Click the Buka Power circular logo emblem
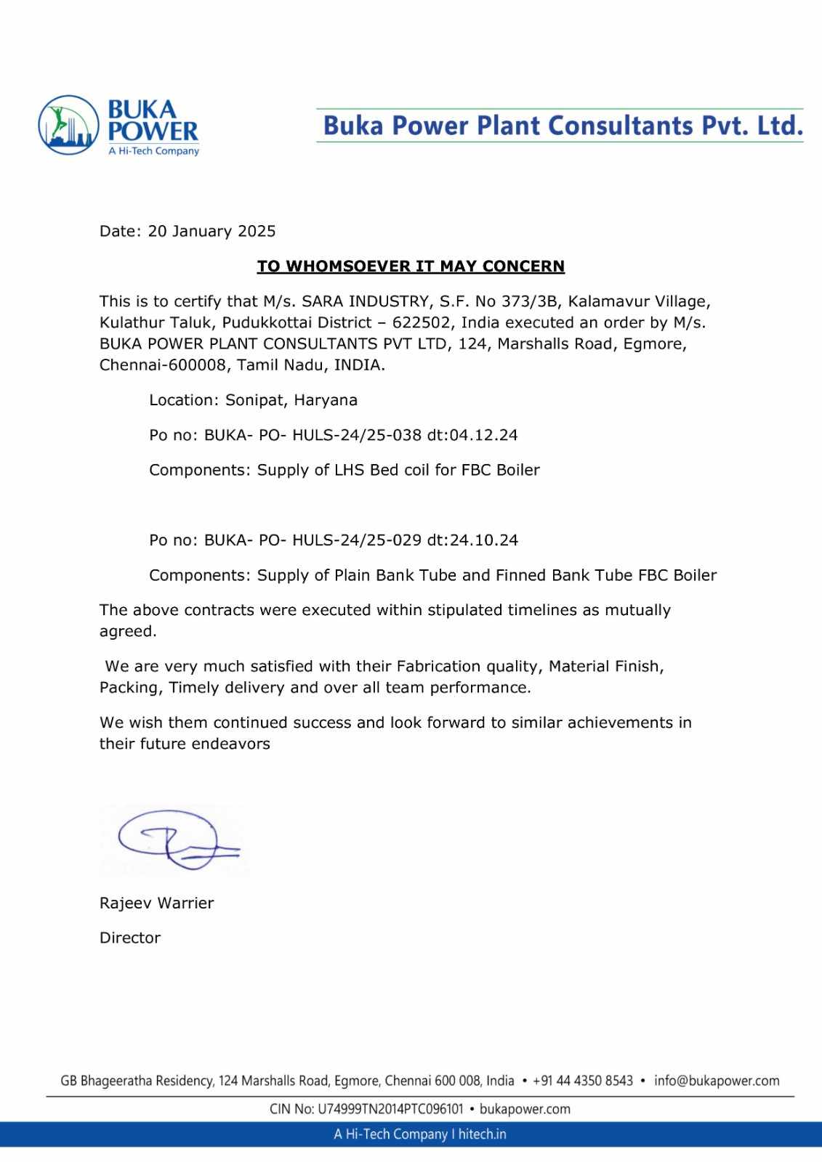pyautogui.click(x=68, y=125)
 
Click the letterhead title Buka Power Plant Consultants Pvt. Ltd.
pyautogui.click(x=563, y=126)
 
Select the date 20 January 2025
pyautogui.click(x=211, y=231)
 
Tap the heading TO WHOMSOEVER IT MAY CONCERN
pyautogui.click(x=411, y=267)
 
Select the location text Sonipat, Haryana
pyautogui.click(x=291, y=400)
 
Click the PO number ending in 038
pyautogui.click(x=313, y=435)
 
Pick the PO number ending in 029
pyautogui.click(x=313, y=540)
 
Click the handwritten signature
pyautogui.click(x=174, y=840)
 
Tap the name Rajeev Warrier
pyautogui.click(x=156, y=903)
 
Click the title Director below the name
pyautogui.click(x=129, y=938)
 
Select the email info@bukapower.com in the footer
pyautogui.click(x=716, y=1081)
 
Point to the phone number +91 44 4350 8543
pyautogui.click(x=582, y=1081)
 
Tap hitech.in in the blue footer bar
pyautogui.click(x=482, y=1134)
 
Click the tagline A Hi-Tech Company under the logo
pyautogui.click(x=153, y=151)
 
